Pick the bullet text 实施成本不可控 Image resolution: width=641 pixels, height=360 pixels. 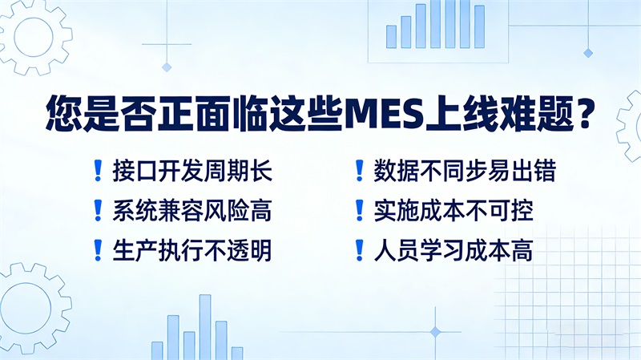click(453, 210)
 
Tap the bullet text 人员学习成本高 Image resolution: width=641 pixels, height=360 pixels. click(453, 250)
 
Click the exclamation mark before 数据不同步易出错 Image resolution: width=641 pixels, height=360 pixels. click(360, 170)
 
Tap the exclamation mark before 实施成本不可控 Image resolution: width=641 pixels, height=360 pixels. click(360, 210)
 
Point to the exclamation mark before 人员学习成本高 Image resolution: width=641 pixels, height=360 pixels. click(360, 250)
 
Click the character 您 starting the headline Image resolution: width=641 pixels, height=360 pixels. click(62, 115)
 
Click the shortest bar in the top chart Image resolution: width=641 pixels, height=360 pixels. click(391, 37)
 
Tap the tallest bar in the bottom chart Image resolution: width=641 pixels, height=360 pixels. click(205, 327)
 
